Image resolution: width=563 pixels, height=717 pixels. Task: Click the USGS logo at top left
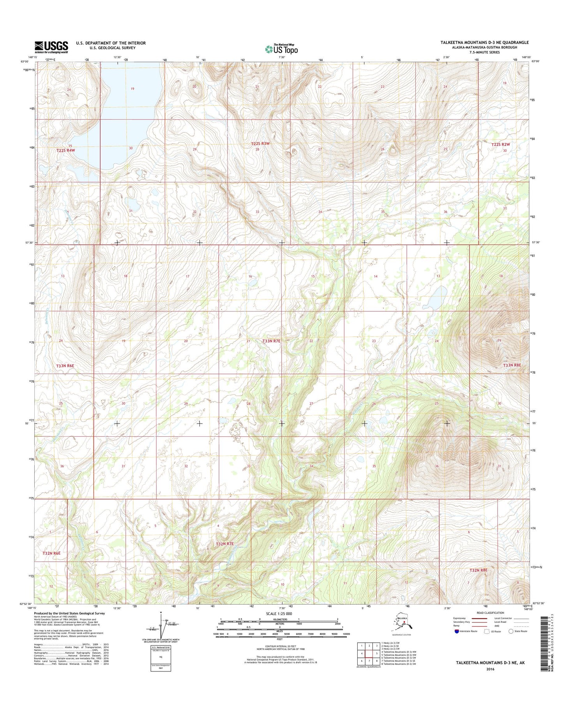click(x=51, y=47)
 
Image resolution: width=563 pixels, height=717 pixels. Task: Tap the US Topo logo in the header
click(x=281, y=49)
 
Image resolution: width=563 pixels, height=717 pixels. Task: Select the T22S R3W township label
click(x=260, y=144)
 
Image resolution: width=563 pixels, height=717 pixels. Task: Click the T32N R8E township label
click(x=478, y=570)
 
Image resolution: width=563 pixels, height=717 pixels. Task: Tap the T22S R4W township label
click(x=65, y=150)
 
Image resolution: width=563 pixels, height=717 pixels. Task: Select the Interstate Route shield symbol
click(x=457, y=631)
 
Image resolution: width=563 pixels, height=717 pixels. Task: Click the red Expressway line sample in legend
click(x=480, y=618)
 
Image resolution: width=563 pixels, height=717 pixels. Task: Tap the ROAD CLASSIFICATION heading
click(x=490, y=613)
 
